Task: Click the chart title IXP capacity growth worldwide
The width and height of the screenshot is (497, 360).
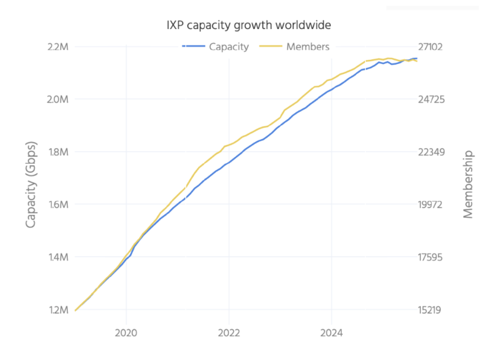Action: coord(248,24)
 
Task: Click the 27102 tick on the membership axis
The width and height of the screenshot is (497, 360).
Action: coord(429,47)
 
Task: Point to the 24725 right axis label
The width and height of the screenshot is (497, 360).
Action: coord(429,99)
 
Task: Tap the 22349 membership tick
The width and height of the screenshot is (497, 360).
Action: coord(429,152)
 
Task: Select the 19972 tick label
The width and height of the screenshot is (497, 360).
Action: coord(429,204)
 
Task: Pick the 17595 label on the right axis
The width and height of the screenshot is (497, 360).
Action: coord(429,257)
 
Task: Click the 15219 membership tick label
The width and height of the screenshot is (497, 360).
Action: coord(429,310)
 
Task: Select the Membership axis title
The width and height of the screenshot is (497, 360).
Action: coord(467,184)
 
